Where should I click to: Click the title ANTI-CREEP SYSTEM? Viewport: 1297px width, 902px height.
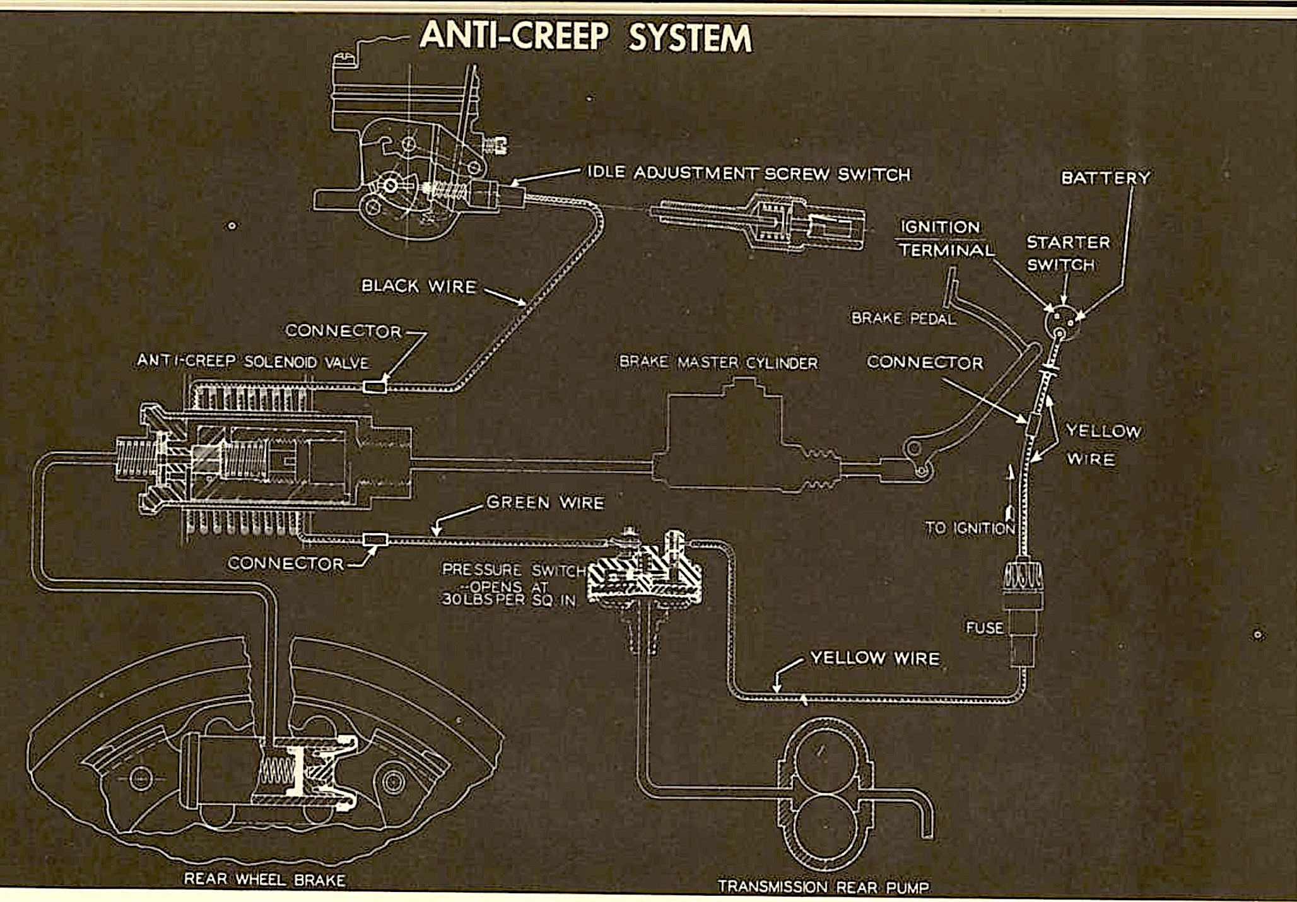[x=586, y=37]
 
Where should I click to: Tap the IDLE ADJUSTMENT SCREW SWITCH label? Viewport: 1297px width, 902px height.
[x=749, y=173]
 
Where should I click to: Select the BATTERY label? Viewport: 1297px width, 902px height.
[x=1106, y=178]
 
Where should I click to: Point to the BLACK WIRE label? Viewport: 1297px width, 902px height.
[x=419, y=286]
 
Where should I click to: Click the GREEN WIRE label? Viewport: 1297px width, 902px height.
[x=546, y=503]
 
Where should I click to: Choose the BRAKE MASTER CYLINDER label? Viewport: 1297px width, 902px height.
[x=719, y=363]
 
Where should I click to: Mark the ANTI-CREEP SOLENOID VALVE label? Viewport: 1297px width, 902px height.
[x=253, y=361]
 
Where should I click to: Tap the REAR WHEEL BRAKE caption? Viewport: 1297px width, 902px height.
[x=265, y=879]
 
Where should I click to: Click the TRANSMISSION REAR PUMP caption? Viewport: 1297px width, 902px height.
[x=823, y=887]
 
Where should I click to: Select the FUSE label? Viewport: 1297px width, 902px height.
[x=984, y=628]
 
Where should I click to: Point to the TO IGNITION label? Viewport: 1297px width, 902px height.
[x=970, y=527]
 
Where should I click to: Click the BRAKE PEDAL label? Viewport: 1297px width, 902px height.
[x=903, y=319]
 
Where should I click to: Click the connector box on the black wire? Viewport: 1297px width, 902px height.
[x=375, y=387]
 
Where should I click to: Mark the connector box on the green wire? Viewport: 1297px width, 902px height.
[x=376, y=540]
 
